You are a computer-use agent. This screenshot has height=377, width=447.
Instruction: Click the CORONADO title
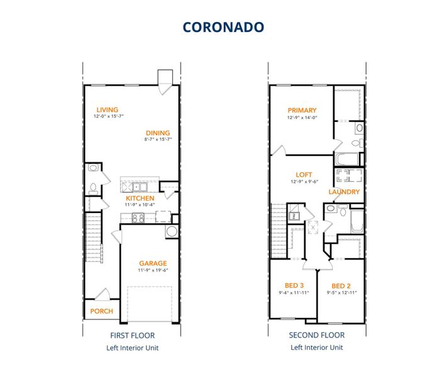(x=223, y=27)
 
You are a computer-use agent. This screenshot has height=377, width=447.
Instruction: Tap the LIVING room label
(x=107, y=110)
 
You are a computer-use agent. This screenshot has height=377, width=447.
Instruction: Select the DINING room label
(x=158, y=133)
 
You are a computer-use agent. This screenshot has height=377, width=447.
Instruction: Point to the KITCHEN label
(x=140, y=199)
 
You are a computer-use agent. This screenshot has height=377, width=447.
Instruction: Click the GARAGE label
(x=153, y=263)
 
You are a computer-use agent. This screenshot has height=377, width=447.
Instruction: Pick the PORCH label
(x=101, y=311)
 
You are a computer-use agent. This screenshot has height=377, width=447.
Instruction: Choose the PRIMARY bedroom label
(x=302, y=111)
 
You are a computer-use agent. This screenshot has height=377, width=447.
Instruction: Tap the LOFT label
(x=304, y=175)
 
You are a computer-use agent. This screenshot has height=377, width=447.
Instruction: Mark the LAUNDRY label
(x=344, y=192)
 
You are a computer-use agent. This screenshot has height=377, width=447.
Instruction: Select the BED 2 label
(x=341, y=286)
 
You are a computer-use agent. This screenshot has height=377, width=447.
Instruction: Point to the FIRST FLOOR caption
(x=132, y=336)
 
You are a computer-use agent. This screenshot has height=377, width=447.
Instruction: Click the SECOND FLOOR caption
(x=317, y=336)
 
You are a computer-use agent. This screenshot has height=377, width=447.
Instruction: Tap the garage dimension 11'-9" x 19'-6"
(x=153, y=271)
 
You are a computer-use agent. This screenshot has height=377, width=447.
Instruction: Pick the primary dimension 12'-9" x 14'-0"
(x=302, y=117)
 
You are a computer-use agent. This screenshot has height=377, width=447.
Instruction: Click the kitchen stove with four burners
(x=138, y=218)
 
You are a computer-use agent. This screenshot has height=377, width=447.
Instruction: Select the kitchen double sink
(x=138, y=187)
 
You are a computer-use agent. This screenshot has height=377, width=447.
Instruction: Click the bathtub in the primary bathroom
(x=346, y=159)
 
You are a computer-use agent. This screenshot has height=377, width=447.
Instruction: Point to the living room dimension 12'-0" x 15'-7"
(x=109, y=117)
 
